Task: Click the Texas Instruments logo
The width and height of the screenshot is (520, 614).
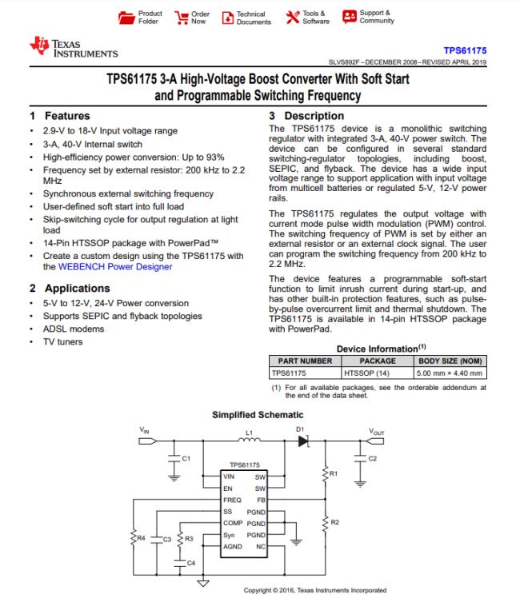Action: pos(72,48)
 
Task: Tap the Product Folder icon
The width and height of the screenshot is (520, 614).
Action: pos(126,17)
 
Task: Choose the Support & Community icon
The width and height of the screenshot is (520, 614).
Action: pos(350,17)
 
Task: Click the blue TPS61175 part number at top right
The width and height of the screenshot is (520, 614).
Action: pos(468,50)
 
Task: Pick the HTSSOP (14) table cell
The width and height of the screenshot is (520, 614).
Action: pos(366,372)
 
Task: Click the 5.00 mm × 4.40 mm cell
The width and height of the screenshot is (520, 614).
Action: pos(450,372)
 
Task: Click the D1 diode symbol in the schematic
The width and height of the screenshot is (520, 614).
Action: pos(302,441)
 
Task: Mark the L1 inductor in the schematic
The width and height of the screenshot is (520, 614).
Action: pos(248,440)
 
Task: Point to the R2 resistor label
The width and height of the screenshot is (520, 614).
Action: pos(334,522)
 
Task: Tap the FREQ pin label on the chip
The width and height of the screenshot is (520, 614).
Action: pos(233,499)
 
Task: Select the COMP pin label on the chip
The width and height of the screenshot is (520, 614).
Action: pos(234,522)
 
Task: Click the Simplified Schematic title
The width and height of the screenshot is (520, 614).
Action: pos(258,415)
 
